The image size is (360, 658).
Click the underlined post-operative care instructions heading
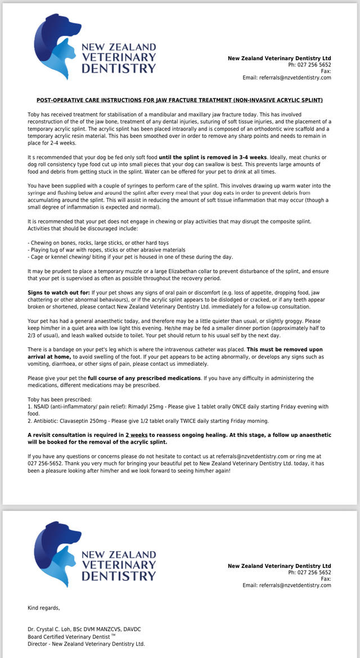(179, 100)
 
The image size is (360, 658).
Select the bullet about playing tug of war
(106, 249)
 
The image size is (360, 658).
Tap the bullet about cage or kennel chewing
(130, 257)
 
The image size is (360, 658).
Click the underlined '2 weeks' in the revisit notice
(137, 435)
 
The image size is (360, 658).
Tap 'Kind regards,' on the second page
(44, 608)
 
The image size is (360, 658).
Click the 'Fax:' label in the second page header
(326, 579)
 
